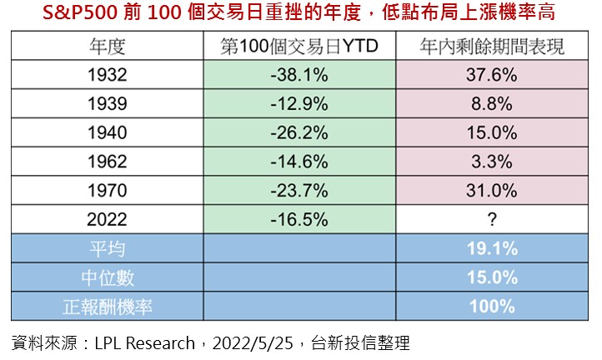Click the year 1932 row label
tap(107, 75)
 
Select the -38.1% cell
tap(299, 75)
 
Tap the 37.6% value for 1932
tap(491, 75)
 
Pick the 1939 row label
tap(107, 103)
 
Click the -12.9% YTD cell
tap(299, 103)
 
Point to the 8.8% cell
tap(491, 103)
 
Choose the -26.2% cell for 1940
tap(299, 132)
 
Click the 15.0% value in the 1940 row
tap(491, 132)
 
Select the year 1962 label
tap(107, 162)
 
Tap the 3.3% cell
tap(491, 162)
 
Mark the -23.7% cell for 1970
tap(299, 191)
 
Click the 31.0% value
tap(491, 191)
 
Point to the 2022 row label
tap(107, 219)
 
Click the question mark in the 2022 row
tap(492, 219)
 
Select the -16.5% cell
tap(299, 219)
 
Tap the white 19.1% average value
tap(492, 248)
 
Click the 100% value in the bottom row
tap(492, 307)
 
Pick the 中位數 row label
tap(108, 277)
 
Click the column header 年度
tap(107, 46)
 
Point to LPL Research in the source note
tap(145, 342)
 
